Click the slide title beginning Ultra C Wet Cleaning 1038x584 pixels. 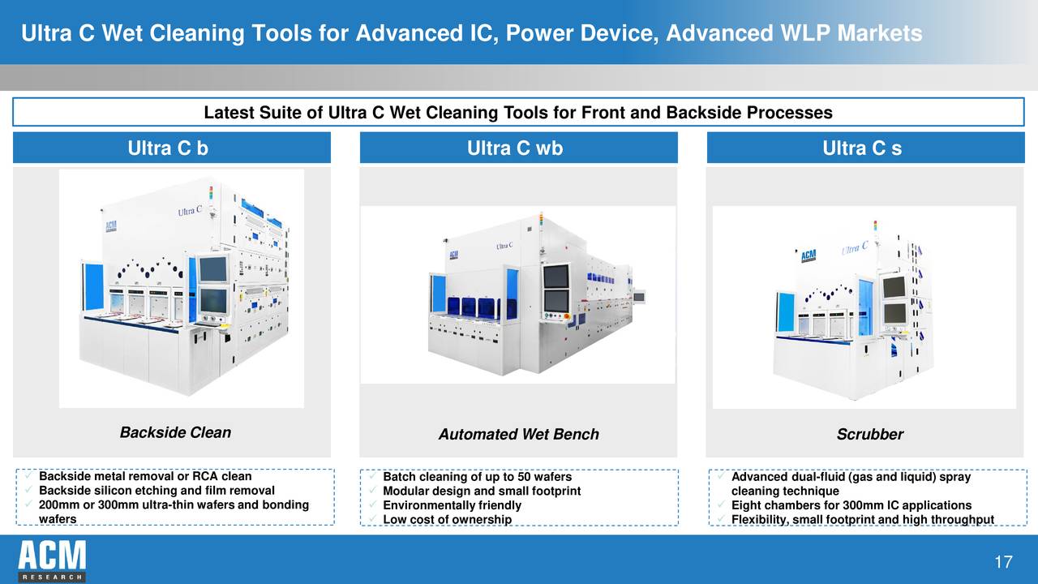pyautogui.click(x=471, y=33)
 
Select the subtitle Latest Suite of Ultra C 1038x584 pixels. pyautogui.click(x=518, y=113)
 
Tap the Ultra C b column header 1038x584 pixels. pyautogui.click(x=171, y=148)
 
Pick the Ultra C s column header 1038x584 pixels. pyautogui.click(x=861, y=148)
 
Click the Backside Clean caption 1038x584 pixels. pyautogui.click(x=175, y=432)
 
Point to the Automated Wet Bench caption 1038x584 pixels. pyautogui.click(x=518, y=435)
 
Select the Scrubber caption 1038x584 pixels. pyautogui.click(x=869, y=435)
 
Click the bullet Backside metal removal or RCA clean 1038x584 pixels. pyautogui.click(x=145, y=477)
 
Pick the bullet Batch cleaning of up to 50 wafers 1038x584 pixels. pyautogui.click(x=477, y=477)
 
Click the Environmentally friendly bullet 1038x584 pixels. pyautogui.click(x=452, y=505)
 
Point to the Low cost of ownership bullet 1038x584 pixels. pyautogui.click(x=447, y=520)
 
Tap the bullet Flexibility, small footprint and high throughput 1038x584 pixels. pyautogui.click(x=862, y=520)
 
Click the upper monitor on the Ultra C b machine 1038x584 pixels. pyautogui.click(x=213, y=268)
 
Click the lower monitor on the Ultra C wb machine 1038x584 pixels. pyautogui.click(x=555, y=301)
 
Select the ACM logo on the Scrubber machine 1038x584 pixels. pyautogui.click(x=809, y=255)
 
